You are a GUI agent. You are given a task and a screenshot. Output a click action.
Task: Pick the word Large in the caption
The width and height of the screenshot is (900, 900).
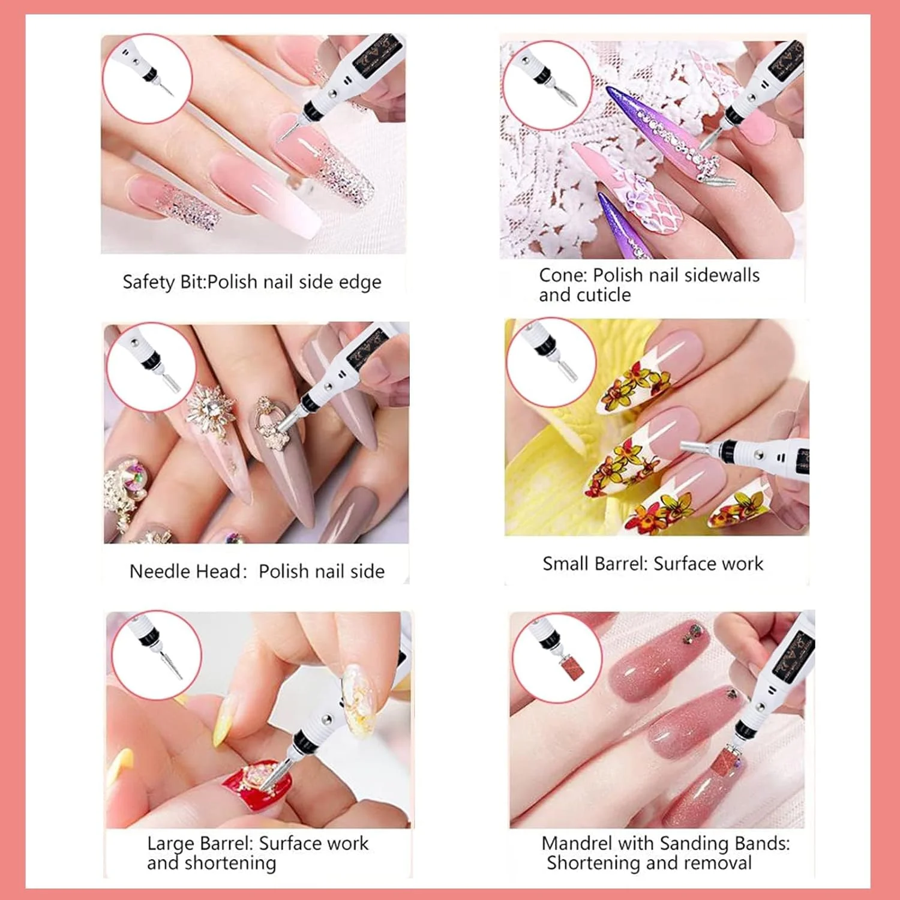point(170,844)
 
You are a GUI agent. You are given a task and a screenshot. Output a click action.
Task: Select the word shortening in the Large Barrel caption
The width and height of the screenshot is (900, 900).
point(230,863)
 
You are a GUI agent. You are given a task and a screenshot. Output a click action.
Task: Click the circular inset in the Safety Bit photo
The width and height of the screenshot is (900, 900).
point(147,79)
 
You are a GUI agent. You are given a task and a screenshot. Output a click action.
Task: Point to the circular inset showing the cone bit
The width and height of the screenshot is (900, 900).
point(547,85)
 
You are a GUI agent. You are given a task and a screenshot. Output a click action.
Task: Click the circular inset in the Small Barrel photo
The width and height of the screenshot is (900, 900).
point(551,363)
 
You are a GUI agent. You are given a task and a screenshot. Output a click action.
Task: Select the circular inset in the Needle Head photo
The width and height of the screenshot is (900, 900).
point(151,367)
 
